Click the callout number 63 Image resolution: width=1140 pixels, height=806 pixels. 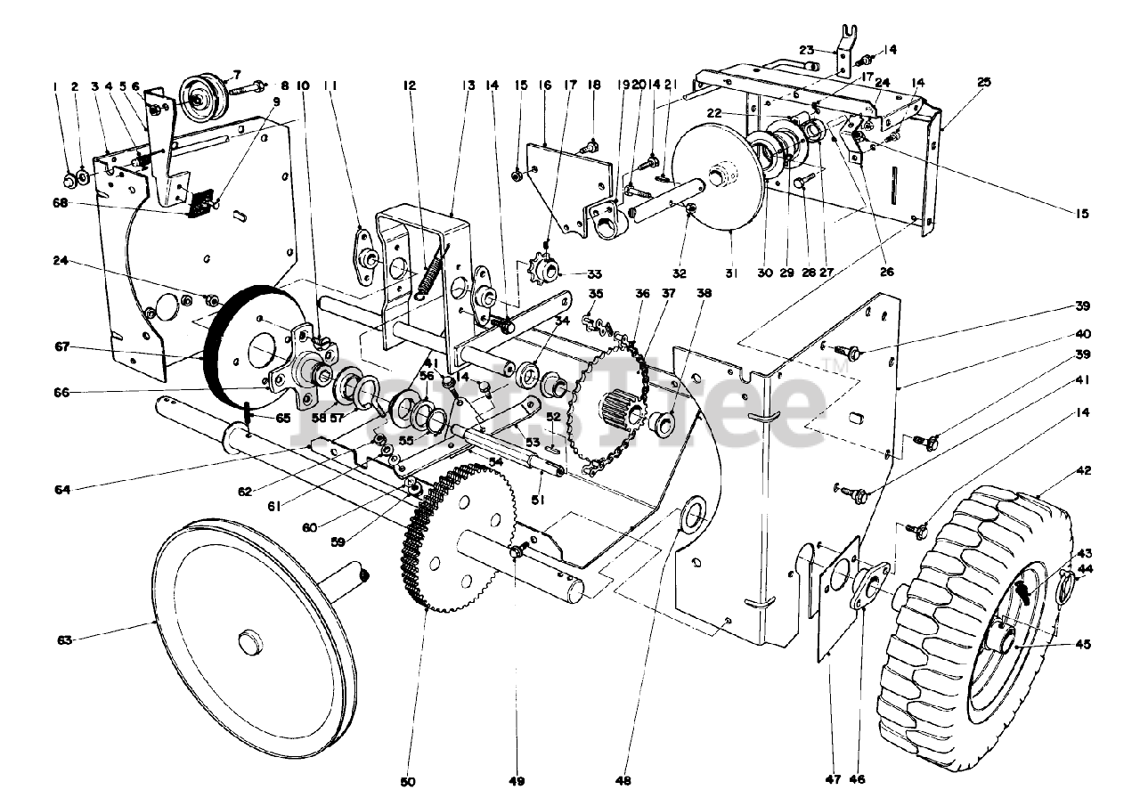coord(63,639)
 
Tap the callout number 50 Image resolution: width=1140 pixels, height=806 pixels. coord(408,781)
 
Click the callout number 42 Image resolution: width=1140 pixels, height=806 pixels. coord(1083,470)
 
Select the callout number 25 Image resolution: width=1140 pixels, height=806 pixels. coord(983,83)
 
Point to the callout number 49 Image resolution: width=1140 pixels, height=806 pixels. coord(517,781)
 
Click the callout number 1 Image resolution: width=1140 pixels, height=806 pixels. coord(55,86)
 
